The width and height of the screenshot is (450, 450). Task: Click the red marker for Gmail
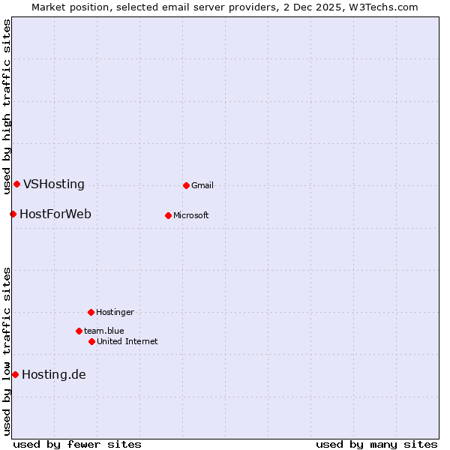point(186,185)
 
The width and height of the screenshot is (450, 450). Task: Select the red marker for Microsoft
point(168,215)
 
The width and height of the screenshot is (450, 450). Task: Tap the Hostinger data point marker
point(91,312)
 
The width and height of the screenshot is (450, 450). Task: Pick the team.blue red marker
point(79,331)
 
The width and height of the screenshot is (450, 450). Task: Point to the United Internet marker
point(91,341)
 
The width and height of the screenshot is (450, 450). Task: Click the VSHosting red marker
point(16,184)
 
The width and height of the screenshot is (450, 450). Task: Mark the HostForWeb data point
point(13,214)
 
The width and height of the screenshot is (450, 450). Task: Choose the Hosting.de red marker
point(15,374)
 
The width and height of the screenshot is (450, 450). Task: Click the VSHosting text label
point(54,184)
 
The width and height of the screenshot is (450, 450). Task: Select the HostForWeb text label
point(55,214)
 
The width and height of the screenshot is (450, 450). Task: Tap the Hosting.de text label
point(54,375)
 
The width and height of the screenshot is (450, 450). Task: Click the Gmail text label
point(202,186)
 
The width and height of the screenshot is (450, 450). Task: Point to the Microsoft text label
point(191,216)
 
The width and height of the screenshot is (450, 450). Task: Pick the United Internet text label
point(127,342)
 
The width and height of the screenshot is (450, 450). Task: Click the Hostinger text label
point(115,313)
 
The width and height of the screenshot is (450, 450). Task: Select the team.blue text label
point(104,331)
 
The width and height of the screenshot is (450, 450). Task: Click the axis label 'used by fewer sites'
point(77,445)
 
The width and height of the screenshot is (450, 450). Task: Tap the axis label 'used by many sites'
point(376,445)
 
